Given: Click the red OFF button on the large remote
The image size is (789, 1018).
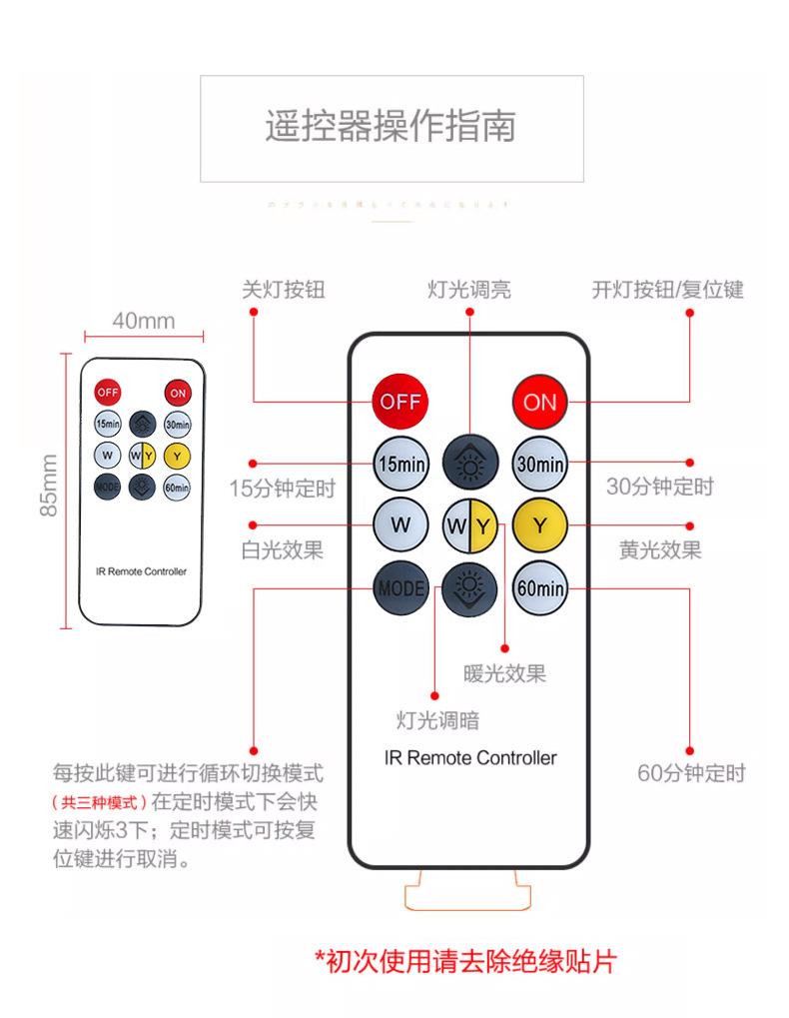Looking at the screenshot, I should click(x=400, y=402).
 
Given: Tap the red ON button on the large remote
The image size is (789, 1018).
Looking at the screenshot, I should click(x=539, y=402).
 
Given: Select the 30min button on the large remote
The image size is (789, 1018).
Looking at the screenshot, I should click(x=539, y=464).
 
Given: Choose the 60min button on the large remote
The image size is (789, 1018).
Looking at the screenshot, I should click(x=539, y=588).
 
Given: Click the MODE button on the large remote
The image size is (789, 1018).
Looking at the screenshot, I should click(x=400, y=588).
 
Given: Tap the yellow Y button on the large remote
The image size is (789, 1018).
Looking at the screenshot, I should click(x=539, y=524).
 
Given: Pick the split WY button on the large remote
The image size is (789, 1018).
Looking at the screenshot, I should click(x=469, y=524).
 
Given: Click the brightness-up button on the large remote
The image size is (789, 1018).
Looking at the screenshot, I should click(x=469, y=464).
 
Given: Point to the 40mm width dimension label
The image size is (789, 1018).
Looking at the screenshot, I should click(x=143, y=321).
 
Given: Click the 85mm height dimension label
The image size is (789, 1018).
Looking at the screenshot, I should click(x=48, y=486).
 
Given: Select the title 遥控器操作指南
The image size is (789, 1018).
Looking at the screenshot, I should click(x=391, y=128).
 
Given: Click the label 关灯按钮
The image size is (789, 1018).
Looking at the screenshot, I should click(x=284, y=290).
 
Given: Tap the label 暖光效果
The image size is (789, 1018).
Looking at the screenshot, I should click(x=504, y=673).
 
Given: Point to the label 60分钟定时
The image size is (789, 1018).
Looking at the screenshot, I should click(x=691, y=773).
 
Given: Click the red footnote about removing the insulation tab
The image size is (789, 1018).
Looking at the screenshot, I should click(x=465, y=961).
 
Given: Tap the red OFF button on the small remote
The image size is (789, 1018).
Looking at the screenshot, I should click(x=108, y=392).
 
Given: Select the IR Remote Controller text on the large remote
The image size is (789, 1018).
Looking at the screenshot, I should click(x=469, y=757).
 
